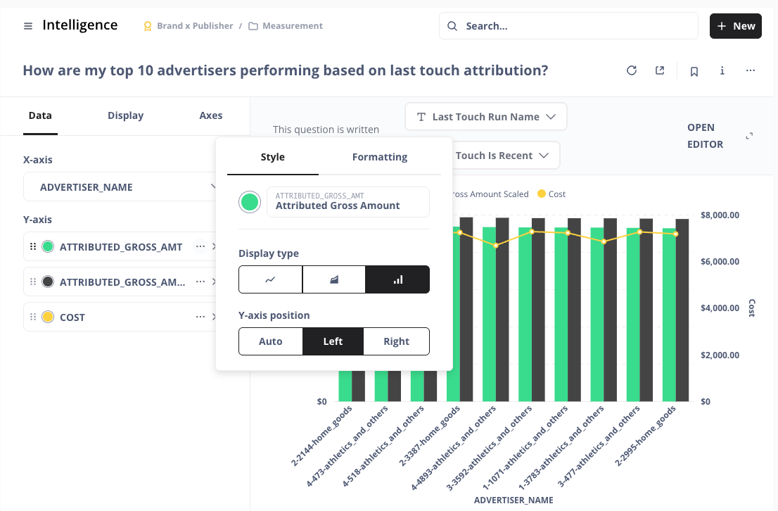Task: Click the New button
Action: (735, 26)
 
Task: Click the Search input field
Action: (568, 26)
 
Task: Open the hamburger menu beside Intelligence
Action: (28, 26)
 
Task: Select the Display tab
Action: (125, 115)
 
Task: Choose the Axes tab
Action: (210, 115)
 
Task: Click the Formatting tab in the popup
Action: (379, 157)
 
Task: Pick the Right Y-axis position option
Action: (396, 341)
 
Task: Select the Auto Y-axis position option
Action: (271, 341)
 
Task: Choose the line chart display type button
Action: (271, 279)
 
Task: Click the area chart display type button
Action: (334, 279)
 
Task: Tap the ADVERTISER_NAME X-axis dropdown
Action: (127, 187)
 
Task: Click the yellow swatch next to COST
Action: (48, 317)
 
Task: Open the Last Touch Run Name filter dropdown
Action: (486, 117)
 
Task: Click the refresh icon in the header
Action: (632, 70)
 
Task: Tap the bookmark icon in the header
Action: (694, 71)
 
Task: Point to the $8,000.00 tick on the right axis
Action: (720, 215)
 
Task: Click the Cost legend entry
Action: (551, 194)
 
